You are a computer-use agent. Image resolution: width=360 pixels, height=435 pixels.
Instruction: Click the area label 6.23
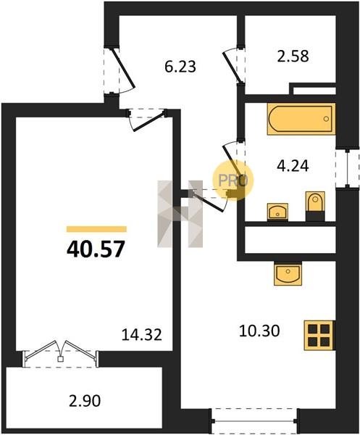coord(180,67)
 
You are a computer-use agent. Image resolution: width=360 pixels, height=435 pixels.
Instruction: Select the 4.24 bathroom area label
coord(293,166)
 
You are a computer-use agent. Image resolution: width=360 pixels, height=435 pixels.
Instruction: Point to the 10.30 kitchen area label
coord(259,331)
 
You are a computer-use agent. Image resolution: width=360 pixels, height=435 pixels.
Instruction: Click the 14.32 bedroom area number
coord(142,334)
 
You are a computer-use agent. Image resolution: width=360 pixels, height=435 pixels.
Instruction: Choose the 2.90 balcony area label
coord(85,401)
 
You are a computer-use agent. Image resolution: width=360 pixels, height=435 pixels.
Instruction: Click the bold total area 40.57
coord(96,249)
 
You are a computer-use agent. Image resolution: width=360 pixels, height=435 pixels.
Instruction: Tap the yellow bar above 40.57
coord(96,229)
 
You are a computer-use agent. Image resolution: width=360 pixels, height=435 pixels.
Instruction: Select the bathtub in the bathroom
coord(301,119)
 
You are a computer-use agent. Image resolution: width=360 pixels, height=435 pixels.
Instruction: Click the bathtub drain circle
coord(326,119)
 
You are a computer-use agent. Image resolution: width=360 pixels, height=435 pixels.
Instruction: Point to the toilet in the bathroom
coord(315,206)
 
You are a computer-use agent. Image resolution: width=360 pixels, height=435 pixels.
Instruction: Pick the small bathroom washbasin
coord(277,212)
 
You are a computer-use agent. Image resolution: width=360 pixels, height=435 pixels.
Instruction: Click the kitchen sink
coord(288,273)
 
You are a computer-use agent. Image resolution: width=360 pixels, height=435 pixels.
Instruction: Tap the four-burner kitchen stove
coord(319,336)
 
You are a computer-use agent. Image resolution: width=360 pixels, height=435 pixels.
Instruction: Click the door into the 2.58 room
coord(230,67)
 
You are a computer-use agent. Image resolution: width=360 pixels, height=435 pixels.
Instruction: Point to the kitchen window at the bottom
coord(254,421)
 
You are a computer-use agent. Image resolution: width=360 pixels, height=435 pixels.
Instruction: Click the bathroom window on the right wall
coord(347,168)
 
